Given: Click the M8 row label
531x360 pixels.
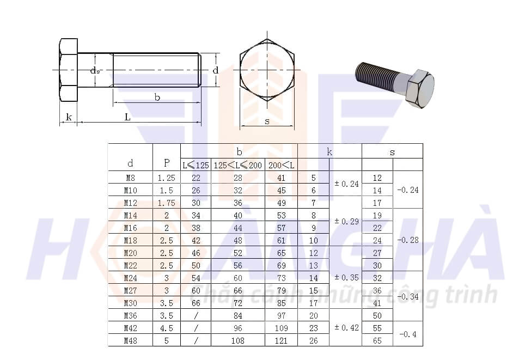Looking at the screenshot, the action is click(x=130, y=178).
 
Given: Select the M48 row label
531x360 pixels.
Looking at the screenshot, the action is click(x=130, y=341).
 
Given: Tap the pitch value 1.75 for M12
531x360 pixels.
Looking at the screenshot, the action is click(x=166, y=203).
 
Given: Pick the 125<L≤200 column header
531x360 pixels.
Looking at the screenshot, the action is click(x=238, y=165).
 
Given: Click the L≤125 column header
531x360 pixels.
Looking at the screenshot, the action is click(x=196, y=165).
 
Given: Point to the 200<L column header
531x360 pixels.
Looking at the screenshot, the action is click(x=281, y=165).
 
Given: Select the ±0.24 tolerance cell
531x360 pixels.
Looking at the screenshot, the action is click(x=346, y=184).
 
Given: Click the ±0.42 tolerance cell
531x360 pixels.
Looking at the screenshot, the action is click(x=346, y=327).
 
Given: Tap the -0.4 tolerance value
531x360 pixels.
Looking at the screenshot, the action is click(x=408, y=334).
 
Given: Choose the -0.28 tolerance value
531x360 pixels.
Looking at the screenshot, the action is click(x=408, y=240).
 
